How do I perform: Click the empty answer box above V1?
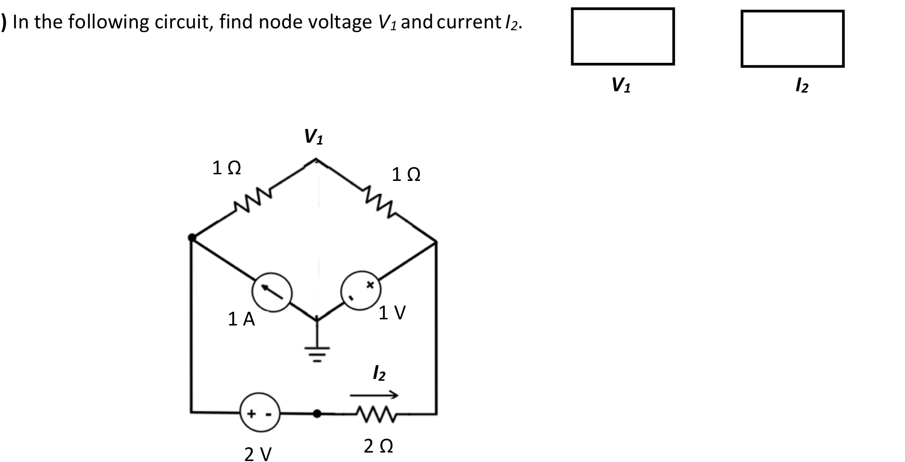pos(622,36)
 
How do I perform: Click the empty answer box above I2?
pos(792,39)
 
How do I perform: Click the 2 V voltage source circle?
pos(259,414)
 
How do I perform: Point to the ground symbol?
pos(317,351)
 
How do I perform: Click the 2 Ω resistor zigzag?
pos(376,414)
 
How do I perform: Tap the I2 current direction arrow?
pos(374,394)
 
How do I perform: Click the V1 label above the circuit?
pos(314,137)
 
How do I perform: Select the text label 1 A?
pos(241,320)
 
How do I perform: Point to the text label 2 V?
pos(258,454)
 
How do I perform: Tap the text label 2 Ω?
pos(378,446)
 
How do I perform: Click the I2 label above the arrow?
pos(378,373)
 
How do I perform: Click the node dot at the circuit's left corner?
pos(192,238)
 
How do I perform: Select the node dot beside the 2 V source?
pos(317,414)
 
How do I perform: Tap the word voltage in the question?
pos(340,22)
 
